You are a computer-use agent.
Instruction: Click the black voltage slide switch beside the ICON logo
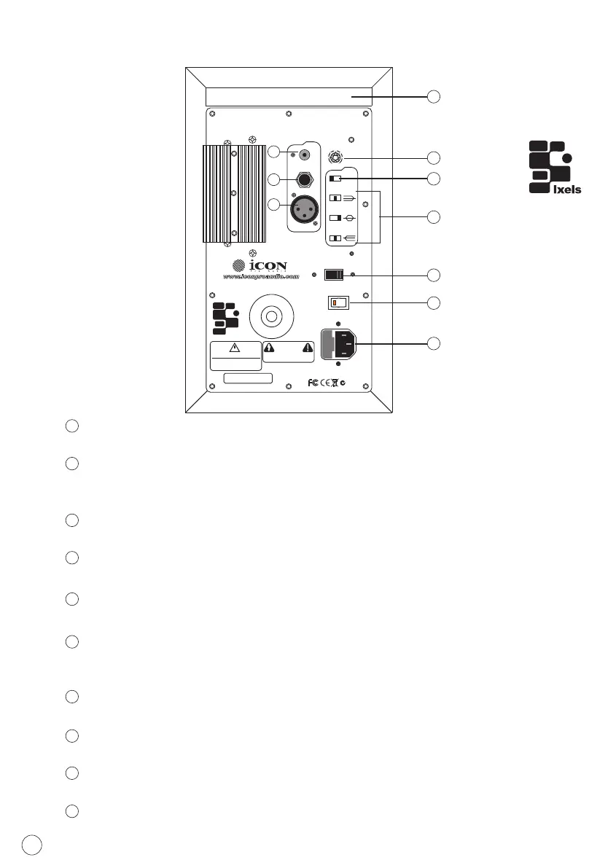tap(333, 275)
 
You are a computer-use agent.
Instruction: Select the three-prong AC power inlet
tap(341, 344)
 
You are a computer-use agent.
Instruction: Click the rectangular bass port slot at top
tap(289, 96)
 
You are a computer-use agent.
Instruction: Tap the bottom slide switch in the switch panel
tap(335, 238)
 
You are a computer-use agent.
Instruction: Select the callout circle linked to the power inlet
tap(434, 343)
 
